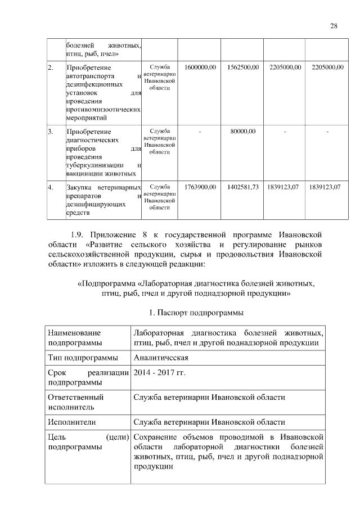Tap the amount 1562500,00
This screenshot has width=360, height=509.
242,67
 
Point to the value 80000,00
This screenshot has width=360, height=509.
242,131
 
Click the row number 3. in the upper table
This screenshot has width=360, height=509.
51,131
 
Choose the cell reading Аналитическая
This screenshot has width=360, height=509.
161,358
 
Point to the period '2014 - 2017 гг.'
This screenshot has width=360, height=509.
159,373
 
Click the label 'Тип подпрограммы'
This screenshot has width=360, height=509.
83,358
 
